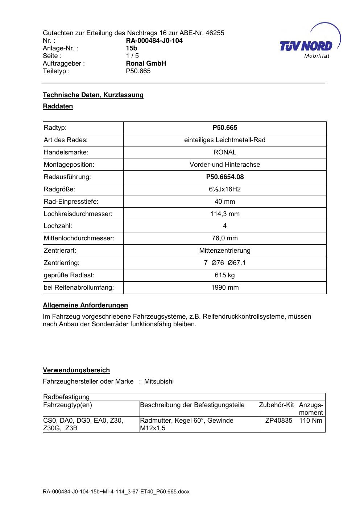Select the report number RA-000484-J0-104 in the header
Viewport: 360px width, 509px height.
(154, 41)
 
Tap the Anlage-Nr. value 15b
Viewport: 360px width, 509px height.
(132, 48)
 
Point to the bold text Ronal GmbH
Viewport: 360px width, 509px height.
(146, 63)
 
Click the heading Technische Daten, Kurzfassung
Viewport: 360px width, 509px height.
(93, 95)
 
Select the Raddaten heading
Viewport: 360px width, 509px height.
(58, 106)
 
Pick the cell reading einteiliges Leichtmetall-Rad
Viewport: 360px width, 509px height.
(225, 140)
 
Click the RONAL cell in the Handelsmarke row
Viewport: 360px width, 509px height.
(225, 152)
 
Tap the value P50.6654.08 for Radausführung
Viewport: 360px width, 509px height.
(225, 177)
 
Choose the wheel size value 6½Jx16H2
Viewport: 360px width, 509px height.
(225, 189)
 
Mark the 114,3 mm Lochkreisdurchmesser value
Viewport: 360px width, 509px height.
(225, 214)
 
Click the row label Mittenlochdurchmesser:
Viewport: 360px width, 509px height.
(79, 238)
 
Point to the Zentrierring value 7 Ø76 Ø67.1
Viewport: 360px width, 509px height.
(225, 263)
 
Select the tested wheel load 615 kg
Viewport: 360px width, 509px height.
(225, 275)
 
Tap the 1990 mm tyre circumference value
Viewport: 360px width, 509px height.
(225, 287)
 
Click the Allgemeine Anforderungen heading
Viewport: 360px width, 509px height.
(85, 305)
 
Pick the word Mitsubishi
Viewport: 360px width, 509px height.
(159, 381)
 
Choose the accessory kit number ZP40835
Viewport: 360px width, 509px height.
(279, 421)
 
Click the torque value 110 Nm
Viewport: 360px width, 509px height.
(311, 421)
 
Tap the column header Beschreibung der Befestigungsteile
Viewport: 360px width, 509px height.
(192, 405)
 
